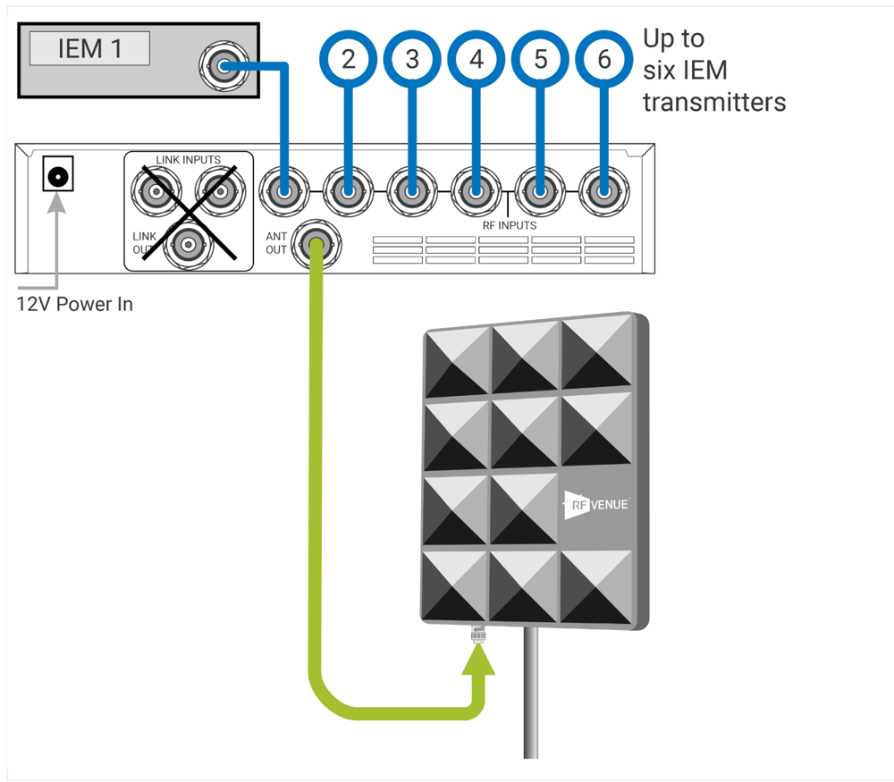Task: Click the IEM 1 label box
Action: [x=89, y=48]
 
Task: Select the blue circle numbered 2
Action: [x=348, y=60]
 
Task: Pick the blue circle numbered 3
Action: [x=412, y=60]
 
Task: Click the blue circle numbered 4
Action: [x=477, y=60]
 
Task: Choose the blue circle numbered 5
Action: [x=541, y=60]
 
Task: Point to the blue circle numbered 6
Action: [x=605, y=60]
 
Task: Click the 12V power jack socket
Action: [x=58, y=176]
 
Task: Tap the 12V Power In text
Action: [x=75, y=304]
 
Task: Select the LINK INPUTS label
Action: [x=188, y=160]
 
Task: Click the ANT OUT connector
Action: [x=315, y=240]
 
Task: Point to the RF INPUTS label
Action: [x=503, y=225]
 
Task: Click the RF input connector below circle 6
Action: [x=604, y=190]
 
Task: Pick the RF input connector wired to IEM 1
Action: [x=283, y=190]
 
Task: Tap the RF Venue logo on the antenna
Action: [x=595, y=505]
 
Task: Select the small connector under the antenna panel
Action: [x=477, y=634]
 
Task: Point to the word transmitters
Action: [x=714, y=102]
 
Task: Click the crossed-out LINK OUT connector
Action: [x=187, y=242]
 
